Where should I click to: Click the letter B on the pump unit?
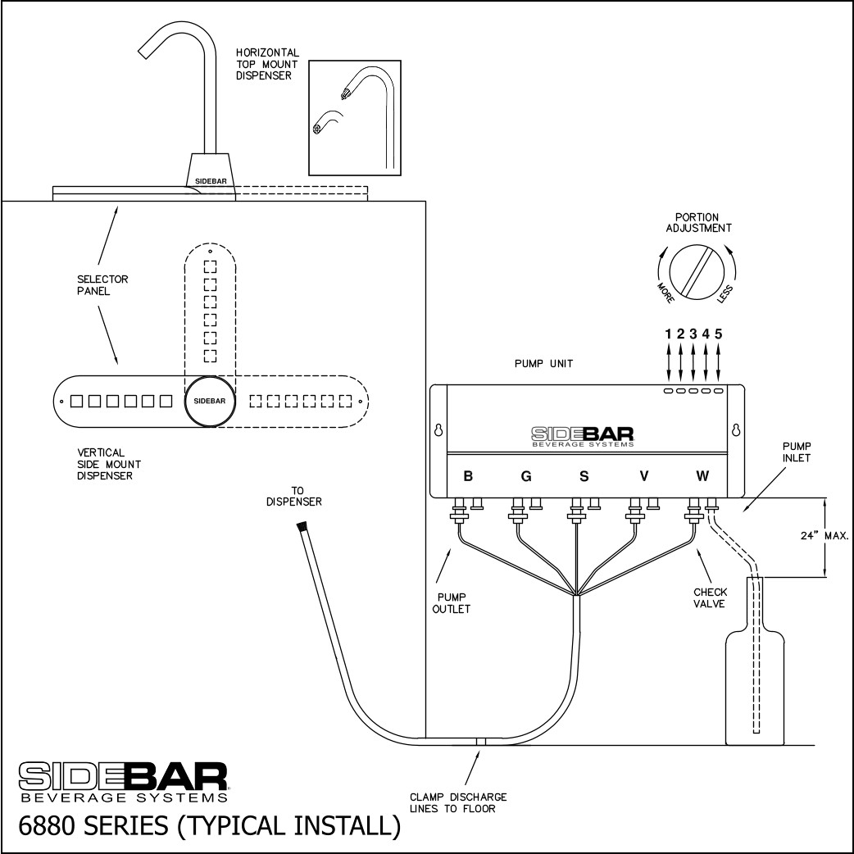467,476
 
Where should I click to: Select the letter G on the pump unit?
525,476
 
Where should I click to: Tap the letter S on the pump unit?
584,476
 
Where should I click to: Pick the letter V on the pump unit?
643,476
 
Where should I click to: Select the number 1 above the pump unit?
669,334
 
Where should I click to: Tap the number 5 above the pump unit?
719,334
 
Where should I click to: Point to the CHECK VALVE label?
709,597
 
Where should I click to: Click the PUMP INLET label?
796,452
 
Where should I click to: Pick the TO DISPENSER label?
293,496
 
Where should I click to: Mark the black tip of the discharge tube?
302,527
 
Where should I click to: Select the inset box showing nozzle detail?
354,117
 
